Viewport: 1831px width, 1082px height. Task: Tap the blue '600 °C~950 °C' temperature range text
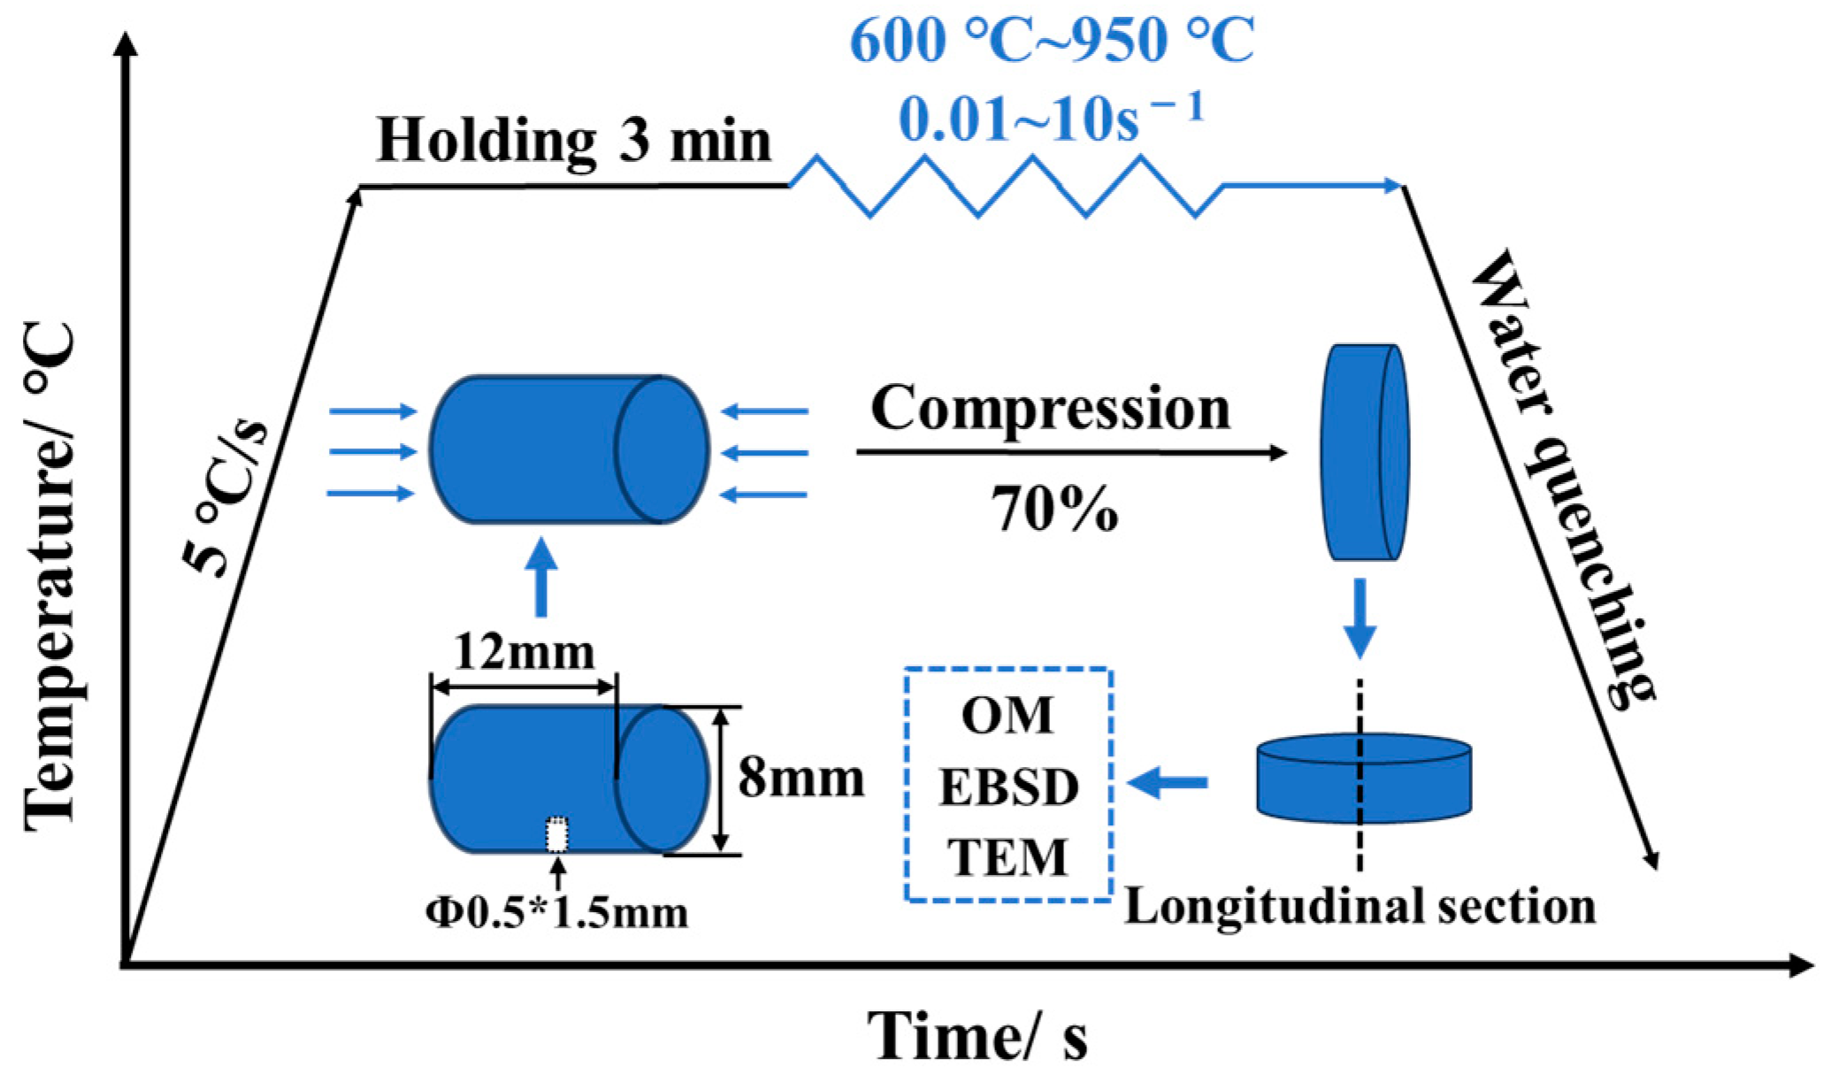coord(1052,40)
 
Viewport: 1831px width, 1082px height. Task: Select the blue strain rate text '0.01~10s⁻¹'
coord(1052,118)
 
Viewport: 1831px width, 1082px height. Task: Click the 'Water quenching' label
coord(1560,478)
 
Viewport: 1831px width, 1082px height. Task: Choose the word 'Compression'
coord(1050,409)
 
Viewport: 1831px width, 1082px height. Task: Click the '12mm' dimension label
coord(524,653)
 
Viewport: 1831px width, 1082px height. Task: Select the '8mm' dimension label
coord(801,779)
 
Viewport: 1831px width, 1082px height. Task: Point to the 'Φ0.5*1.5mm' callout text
coord(556,912)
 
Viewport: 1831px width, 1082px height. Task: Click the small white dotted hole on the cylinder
coord(556,834)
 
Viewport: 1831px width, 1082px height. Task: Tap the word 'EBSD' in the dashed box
coord(1008,787)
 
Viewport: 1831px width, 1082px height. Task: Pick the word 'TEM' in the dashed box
coord(1008,856)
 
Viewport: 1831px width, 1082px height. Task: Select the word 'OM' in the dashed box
coord(1008,716)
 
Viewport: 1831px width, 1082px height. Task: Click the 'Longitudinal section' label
coord(1360,907)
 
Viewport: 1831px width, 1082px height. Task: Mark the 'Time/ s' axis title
coord(977,1035)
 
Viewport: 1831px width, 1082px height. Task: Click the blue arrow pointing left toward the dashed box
coord(1168,782)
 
